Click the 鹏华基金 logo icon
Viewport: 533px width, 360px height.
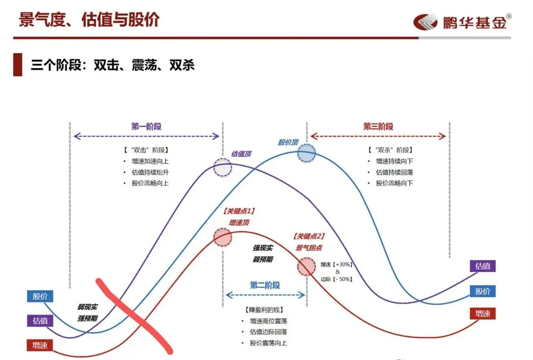coord(425,22)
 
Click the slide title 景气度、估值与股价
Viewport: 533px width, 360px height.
coord(89,20)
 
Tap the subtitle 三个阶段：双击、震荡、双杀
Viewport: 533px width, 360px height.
coord(113,65)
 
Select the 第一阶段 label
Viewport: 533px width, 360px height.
coord(146,126)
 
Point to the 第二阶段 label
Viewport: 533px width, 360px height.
coord(265,285)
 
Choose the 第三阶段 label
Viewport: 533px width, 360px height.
coord(378,126)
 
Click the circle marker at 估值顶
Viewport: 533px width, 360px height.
coord(223,168)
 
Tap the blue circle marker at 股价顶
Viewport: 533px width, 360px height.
coord(306,152)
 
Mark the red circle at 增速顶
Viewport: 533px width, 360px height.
coord(223,238)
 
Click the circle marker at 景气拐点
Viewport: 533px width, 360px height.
coord(306,267)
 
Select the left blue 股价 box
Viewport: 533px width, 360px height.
coord(40,296)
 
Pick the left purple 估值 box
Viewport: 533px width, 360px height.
coord(40,321)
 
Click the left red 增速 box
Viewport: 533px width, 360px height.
coord(40,345)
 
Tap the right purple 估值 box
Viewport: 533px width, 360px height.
coord(482,266)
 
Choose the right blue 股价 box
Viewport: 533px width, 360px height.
coord(482,291)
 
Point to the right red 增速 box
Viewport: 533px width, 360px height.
coord(482,314)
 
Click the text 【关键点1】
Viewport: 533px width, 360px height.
coord(239,211)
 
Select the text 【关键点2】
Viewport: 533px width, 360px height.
coord(309,237)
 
